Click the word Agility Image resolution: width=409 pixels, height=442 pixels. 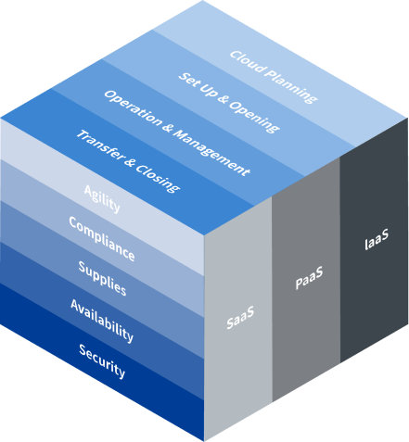pyautogui.click(x=102, y=199)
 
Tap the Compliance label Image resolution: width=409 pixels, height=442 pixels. pyautogui.click(x=102, y=239)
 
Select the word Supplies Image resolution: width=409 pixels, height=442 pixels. pyautogui.click(x=102, y=279)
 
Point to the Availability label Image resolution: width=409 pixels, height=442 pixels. pyautogui.click(x=102, y=321)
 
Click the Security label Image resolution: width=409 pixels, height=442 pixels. pyautogui.click(x=102, y=361)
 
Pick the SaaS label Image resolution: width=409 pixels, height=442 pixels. pyautogui.click(x=240, y=317)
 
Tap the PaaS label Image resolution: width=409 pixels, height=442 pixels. pyautogui.click(x=309, y=278)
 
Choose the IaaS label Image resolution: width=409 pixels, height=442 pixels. pyautogui.click(x=377, y=239)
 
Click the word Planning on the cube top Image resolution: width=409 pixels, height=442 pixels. pyautogui.click(x=291, y=86)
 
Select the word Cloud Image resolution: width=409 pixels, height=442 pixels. pyautogui.click(x=248, y=62)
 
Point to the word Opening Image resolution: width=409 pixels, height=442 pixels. pyautogui.click(x=254, y=117)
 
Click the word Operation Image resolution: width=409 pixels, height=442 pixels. pyautogui.click(x=133, y=107)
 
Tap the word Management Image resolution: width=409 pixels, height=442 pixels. pyautogui.click(x=211, y=152)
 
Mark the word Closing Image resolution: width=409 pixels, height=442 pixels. pyautogui.click(x=158, y=178)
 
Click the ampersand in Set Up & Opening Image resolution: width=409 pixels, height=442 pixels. pyautogui.click(x=223, y=99)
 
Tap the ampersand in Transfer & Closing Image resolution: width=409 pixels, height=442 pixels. pyautogui.click(x=130, y=161)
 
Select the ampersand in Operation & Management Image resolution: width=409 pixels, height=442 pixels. pyautogui.click(x=167, y=127)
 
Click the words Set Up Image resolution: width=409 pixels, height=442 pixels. pyautogui.click(x=198, y=84)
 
